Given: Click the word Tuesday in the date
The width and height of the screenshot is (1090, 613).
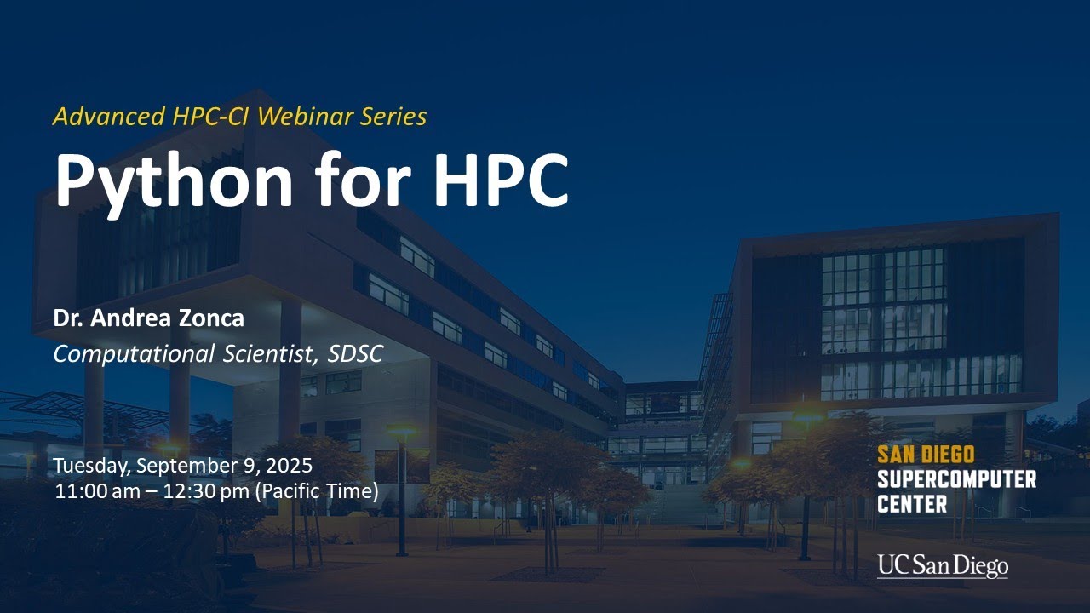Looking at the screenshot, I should point(90,466).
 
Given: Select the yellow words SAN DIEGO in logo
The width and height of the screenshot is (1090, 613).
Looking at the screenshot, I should point(926,455).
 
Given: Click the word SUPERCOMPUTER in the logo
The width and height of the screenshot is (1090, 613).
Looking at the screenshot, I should point(956,478).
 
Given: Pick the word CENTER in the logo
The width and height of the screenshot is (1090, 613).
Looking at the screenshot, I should point(912,503).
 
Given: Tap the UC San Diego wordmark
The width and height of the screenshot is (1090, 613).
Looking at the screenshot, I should point(943,566).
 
